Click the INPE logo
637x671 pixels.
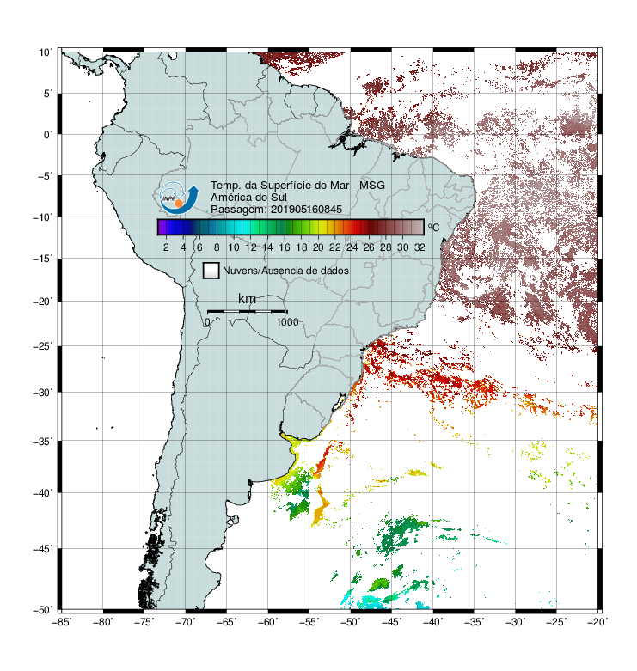click(x=179, y=198)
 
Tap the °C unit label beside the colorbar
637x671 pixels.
click(x=433, y=227)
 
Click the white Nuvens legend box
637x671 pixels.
click(x=211, y=271)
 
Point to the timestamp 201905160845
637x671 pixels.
click(x=306, y=210)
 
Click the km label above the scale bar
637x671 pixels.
click(x=247, y=298)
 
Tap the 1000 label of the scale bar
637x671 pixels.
click(x=287, y=322)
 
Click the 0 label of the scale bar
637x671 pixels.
click(x=207, y=322)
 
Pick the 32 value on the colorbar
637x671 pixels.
click(x=420, y=247)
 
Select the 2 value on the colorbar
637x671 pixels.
click(x=166, y=247)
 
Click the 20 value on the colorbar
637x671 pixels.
click(x=318, y=247)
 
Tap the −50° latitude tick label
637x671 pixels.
click(x=43, y=609)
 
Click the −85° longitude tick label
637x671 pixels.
click(x=62, y=622)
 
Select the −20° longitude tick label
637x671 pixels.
click(x=597, y=622)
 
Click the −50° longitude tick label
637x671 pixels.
click(x=350, y=622)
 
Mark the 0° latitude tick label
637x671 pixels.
click(x=48, y=135)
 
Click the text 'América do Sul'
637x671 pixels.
click(x=248, y=198)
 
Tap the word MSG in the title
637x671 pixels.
click(x=372, y=186)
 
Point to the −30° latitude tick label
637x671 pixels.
click(x=43, y=392)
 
